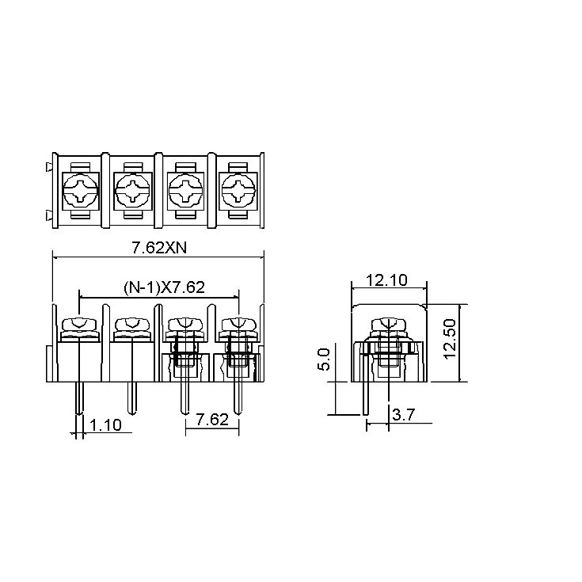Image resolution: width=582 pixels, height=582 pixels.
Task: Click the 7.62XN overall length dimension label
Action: point(160,248)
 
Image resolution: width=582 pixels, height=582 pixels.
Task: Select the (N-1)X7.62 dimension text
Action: point(164,287)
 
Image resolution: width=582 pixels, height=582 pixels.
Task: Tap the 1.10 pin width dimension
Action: point(105,425)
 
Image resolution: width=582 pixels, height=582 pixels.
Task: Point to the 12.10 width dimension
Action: point(386,280)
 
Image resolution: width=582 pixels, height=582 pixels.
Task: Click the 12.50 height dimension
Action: point(450,339)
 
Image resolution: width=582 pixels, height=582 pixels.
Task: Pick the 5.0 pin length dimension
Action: point(324,359)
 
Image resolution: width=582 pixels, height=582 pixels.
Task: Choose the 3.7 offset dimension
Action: point(403,415)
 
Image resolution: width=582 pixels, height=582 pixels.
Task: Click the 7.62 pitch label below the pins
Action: point(212,420)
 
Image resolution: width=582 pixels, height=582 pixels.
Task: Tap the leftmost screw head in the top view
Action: point(81,190)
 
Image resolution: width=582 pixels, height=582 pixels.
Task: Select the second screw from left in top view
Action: point(133,190)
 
